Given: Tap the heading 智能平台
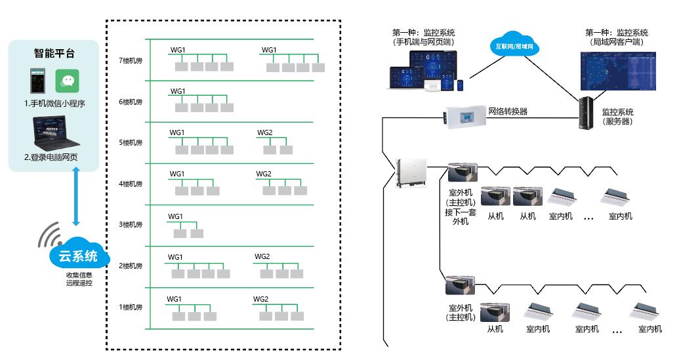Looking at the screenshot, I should pos(54,54).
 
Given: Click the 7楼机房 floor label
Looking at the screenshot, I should pos(131,60).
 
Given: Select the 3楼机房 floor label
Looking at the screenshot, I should pos(131,225).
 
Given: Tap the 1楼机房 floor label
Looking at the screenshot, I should pos(131,307).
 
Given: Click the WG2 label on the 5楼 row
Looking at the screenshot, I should pos(264,132).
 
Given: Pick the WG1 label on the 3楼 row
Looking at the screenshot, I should pos(176,216).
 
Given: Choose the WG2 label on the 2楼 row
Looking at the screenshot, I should pos(262,256).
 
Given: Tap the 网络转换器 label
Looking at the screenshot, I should pos(508,111).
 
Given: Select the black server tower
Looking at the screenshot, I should pos(586,113).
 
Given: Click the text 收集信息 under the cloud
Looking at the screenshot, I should pos(79,275).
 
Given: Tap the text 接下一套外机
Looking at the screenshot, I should pos(461,216).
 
